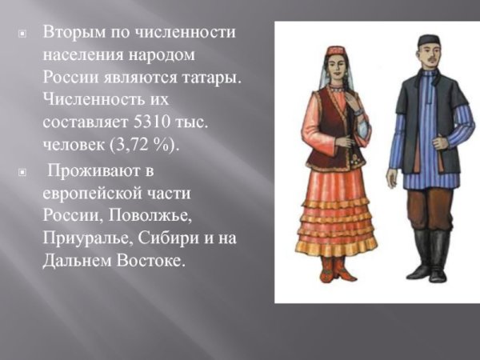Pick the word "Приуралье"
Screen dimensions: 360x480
click(x=86, y=238)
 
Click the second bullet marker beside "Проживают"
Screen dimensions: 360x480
click(x=22, y=172)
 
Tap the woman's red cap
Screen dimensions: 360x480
click(x=334, y=53)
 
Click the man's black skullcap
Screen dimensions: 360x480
click(x=429, y=40)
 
